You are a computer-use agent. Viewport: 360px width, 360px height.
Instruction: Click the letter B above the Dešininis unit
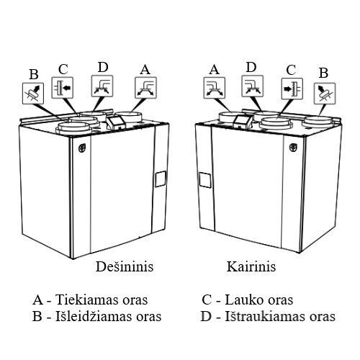34,74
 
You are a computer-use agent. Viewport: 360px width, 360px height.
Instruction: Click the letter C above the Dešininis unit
63,69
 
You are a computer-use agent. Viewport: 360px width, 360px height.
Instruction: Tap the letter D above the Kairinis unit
251,68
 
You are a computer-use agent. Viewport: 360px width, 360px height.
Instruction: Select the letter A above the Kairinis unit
214,70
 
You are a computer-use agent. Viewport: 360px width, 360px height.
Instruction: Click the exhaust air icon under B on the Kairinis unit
325,94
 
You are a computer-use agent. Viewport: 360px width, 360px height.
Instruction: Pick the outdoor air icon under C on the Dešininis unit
63,88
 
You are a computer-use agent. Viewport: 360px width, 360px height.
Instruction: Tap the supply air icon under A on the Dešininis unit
145,88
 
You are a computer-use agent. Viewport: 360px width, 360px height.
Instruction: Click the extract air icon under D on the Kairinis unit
252,86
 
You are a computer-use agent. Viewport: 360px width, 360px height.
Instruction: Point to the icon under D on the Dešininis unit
102,86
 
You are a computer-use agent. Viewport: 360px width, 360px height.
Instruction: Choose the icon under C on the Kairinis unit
292,89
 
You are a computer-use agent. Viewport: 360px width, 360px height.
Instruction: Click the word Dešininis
125,266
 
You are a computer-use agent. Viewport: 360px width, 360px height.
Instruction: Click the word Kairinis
251,266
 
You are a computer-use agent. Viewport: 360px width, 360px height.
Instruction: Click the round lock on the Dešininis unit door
82,148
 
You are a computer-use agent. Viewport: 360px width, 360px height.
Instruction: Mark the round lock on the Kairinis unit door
293,147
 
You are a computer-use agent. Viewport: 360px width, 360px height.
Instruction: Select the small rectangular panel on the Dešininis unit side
161,179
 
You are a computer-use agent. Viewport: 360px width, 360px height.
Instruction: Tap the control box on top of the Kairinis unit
243,121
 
